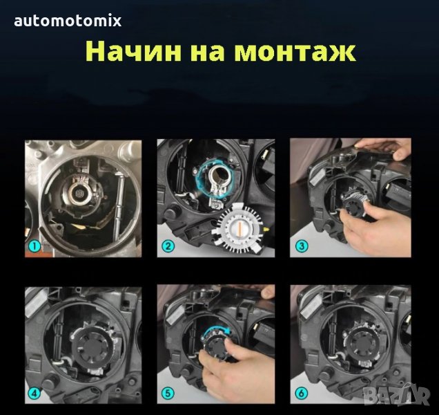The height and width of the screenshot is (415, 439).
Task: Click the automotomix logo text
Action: (68, 21)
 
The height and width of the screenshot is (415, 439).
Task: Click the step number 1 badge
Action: (35, 246)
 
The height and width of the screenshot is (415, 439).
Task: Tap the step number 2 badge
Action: (168, 246)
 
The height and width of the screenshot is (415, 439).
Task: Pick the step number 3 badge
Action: (301, 246)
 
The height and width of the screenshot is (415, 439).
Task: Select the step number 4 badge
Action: (35, 393)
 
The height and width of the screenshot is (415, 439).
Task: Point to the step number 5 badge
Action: (168, 393)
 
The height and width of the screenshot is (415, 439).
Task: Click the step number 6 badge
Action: (301, 393)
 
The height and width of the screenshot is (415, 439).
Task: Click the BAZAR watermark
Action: (396, 395)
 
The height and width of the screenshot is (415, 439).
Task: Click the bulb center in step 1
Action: (79, 193)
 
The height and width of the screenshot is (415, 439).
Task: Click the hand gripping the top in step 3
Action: (386, 147)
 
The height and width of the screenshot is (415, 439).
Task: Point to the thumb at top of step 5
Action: (268, 293)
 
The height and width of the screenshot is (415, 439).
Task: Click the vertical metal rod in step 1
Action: (121, 203)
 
